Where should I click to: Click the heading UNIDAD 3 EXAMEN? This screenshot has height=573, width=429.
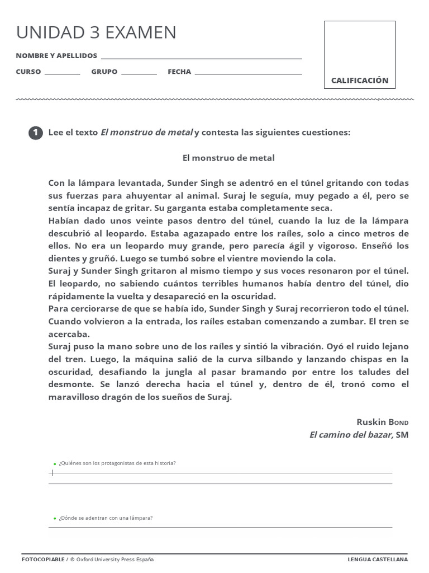point(96,32)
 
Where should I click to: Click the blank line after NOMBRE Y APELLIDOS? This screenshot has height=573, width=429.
point(201,58)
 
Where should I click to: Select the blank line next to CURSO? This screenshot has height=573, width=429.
point(62,73)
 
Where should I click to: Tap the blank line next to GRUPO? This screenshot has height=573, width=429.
point(139,73)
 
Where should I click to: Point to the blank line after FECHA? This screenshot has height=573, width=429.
point(248,73)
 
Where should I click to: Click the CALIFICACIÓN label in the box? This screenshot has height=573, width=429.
point(359,81)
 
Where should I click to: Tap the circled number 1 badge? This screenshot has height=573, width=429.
point(35,133)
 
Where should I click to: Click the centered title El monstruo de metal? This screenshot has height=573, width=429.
point(228,158)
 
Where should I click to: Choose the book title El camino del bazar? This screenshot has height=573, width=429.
point(351,434)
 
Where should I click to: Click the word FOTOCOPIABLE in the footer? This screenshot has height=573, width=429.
point(43,559)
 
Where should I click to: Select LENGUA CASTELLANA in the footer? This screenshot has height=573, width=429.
point(378,559)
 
